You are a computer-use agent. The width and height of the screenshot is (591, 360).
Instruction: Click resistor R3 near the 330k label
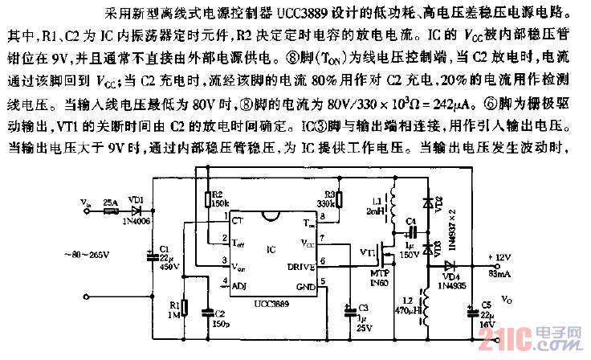[x=340, y=200]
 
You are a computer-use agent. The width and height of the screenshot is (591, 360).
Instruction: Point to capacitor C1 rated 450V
[x=151, y=257]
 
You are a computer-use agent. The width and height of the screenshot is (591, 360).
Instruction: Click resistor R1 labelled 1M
[x=185, y=308]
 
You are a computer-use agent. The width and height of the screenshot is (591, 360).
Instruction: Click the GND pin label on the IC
[x=306, y=286]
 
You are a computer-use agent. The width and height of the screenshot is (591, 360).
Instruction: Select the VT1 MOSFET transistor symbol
[x=392, y=256]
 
